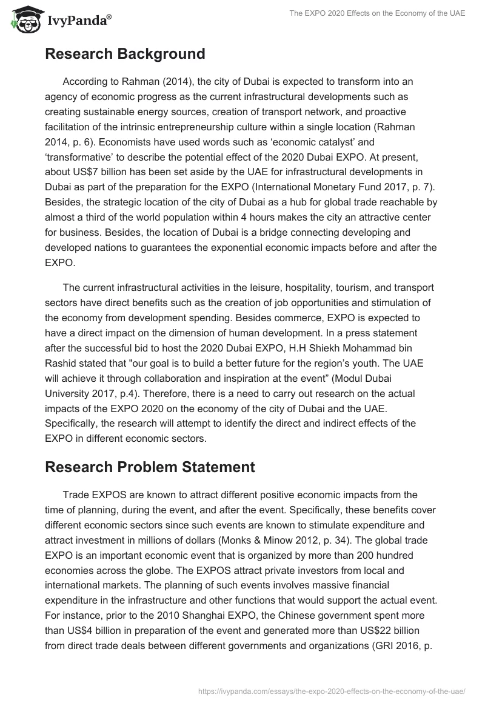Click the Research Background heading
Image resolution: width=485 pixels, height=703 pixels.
125,54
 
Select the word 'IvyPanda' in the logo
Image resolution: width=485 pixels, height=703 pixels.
78,22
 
